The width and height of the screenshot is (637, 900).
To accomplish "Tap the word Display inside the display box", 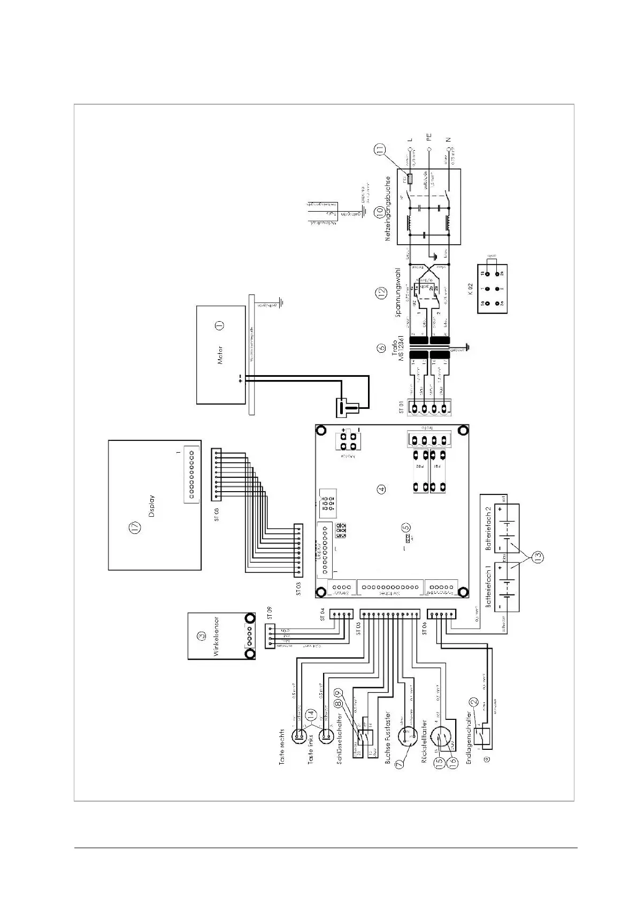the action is [x=152, y=506].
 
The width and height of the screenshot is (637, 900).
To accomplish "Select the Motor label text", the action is [x=220, y=355].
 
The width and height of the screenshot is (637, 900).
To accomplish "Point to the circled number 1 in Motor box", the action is [x=219, y=324].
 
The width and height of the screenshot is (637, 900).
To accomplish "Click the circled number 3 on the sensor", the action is [x=201, y=636].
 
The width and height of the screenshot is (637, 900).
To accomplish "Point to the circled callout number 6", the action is [x=381, y=348].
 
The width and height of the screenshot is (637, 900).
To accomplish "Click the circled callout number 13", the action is [x=539, y=557].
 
